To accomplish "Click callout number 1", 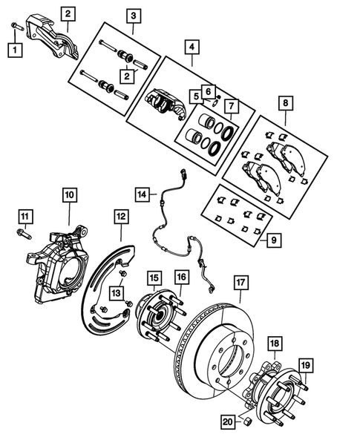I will tap(15, 50).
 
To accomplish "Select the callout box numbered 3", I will tap(133, 14).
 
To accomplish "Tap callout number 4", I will tap(192, 46).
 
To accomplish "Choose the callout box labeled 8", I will tap(287, 104).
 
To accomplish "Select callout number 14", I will tap(143, 194).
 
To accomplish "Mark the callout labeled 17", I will tap(241, 282).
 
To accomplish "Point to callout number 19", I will tap(305, 364).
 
